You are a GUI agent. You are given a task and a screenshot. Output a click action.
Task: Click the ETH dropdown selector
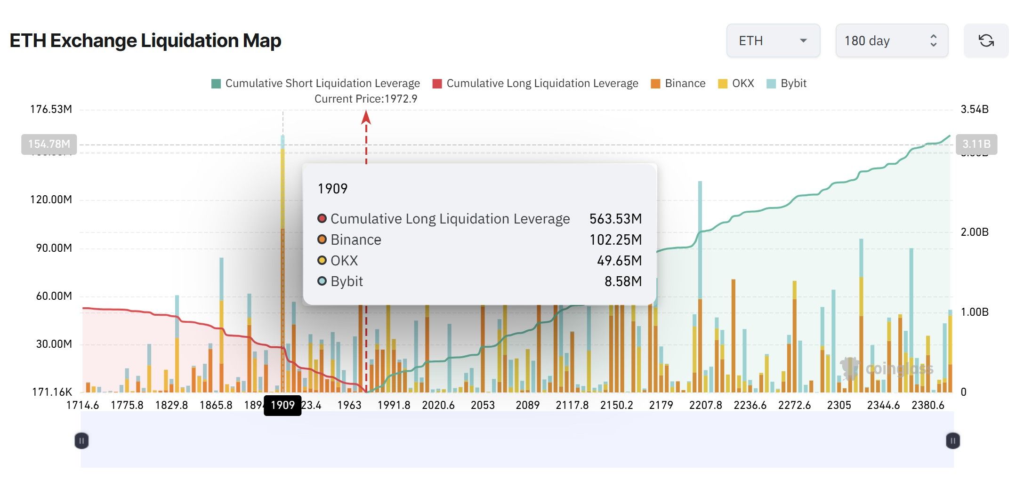pyautogui.click(x=773, y=41)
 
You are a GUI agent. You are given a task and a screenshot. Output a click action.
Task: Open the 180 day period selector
pyautogui.click(x=891, y=41)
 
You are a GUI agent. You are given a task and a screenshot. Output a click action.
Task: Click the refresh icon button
pyautogui.click(x=986, y=41)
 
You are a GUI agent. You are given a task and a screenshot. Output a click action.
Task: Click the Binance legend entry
pyautogui.click(x=678, y=83)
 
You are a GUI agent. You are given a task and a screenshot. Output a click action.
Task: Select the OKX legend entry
pyautogui.click(x=736, y=83)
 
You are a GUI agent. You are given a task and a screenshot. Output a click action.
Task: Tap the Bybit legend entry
pyautogui.click(x=787, y=83)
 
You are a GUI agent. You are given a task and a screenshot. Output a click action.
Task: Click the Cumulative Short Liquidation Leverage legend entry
pyautogui.click(x=316, y=83)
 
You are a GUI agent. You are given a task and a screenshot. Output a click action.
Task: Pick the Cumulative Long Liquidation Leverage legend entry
pyautogui.click(x=535, y=83)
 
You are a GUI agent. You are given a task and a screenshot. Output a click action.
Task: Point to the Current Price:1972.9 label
pyautogui.click(x=366, y=99)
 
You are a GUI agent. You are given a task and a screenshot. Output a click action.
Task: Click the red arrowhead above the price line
pyautogui.click(x=366, y=117)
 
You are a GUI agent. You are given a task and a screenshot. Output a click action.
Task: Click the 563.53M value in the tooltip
pyautogui.click(x=615, y=219)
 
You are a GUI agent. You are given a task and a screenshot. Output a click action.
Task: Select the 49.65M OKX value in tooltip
pyautogui.click(x=619, y=261)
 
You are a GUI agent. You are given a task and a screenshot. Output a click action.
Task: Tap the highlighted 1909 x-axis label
pyautogui.click(x=282, y=405)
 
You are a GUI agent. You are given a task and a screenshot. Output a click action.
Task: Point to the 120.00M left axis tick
pyautogui.click(x=51, y=200)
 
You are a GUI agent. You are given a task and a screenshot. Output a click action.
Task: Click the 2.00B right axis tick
pyautogui.click(x=974, y=232)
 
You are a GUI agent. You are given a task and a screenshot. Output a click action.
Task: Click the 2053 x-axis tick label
pyautogui.click(x=483, y=405)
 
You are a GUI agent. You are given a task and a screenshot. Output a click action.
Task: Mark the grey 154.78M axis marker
pyautogui.click(x=49, y=144)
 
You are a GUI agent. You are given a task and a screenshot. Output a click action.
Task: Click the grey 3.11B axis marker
pyautogui.click(x=976, y=144)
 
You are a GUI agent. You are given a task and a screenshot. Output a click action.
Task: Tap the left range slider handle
pyautogui.click(x=81, y=441)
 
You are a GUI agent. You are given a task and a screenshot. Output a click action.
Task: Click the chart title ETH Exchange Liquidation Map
pyautogui.click(x=145, y=41)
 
